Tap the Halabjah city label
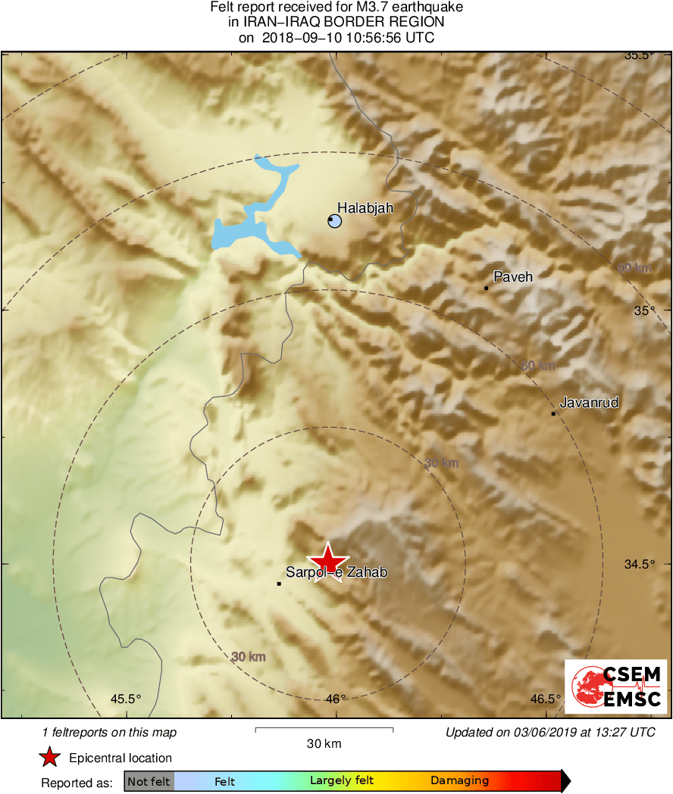(365, 207)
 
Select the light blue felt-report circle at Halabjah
(334, 221)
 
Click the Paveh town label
(513, 277)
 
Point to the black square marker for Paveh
(486, 288)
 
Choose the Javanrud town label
(589, 403)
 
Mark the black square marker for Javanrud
(554, 413)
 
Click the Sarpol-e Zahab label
(336, 573)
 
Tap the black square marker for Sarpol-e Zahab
(279, 584)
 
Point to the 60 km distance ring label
(538, 366)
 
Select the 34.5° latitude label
(637, 565)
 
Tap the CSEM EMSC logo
(615, 687)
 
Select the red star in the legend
(49, 758)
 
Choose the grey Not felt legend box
(149, 781)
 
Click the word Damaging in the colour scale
(460, 781)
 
